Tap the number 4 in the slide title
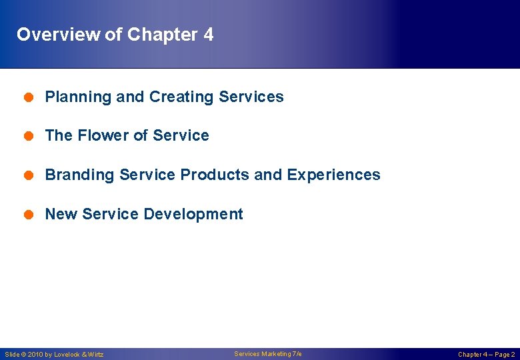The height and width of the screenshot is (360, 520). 209,35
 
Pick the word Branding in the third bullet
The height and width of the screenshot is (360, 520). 79,175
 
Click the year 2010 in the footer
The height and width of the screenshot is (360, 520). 36,355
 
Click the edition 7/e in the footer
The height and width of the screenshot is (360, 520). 295,354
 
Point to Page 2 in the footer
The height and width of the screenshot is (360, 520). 503,355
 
